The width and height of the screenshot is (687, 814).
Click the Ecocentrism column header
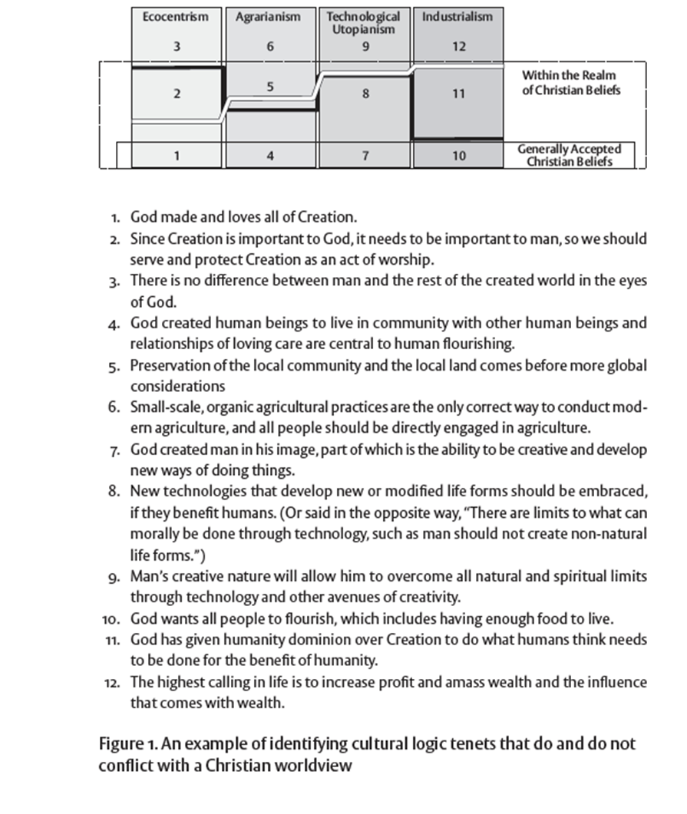coord(176,16)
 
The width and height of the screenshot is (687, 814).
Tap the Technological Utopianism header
coord(364,22)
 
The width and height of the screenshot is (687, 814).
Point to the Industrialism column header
coord(458,16)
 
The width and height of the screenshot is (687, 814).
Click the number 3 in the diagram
coord(177,46)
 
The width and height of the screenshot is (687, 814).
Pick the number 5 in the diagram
coord(270,87)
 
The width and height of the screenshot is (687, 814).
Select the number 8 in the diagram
coord(365,94)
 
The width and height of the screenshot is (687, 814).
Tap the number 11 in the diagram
coord(458,94)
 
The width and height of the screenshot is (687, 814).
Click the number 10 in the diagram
coord(458,156)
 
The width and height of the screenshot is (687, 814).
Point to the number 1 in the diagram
coord(177,156)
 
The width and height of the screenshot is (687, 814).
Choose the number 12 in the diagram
coord(458,46)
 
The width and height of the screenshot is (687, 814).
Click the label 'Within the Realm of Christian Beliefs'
coord(569,83)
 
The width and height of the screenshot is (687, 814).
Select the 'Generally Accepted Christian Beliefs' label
coord(569,155)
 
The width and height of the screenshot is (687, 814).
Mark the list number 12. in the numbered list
coord(112,682)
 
